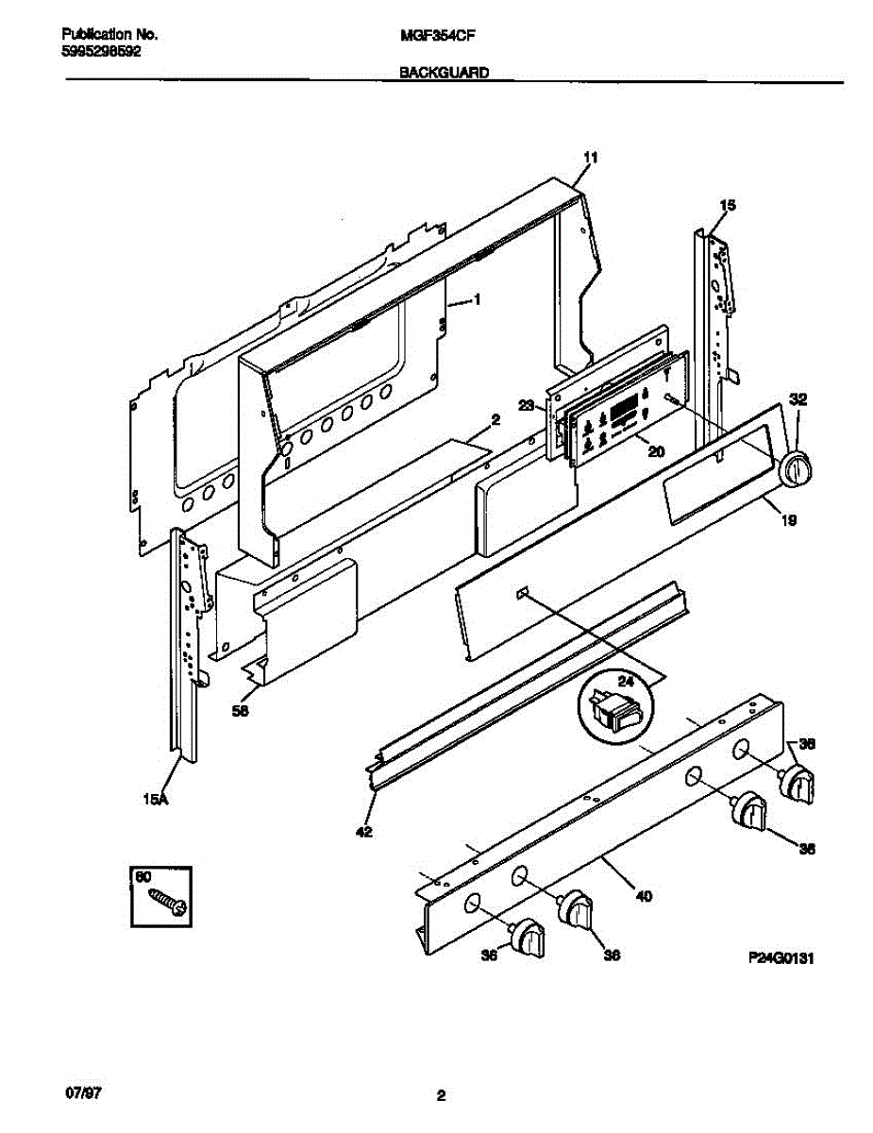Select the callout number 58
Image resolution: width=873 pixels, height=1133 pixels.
click(242, 713)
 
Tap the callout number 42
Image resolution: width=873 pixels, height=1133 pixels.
click(364, 832)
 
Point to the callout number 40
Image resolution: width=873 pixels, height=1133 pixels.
click(644, 896)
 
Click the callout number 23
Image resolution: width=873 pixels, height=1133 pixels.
click(527, 407)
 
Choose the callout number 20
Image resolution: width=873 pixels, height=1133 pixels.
click(656, 451)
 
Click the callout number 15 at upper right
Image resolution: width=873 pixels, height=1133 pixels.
click(728, 205)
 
